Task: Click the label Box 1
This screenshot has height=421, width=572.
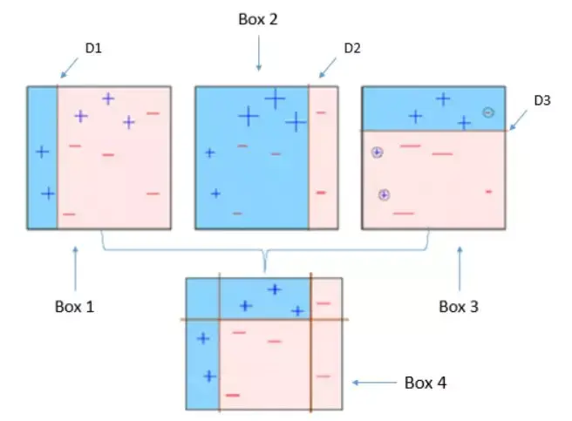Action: click(x=76, y=306)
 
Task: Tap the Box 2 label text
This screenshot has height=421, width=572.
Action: click(x=258, y=19)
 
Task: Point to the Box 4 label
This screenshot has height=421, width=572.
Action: click(x=427, y=383)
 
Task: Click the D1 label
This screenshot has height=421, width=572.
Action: click(x=92, y=49)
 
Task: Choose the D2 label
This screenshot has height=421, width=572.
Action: click(x=352, y=48)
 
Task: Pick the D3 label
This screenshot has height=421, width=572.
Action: click(x=542, y=101)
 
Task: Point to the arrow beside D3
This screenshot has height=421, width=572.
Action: click(x=522, y=121)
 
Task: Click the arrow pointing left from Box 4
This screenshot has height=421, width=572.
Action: click(x=372, y=383)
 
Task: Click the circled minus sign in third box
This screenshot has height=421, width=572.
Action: click(x=488, y=112)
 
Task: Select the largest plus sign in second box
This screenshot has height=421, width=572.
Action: click(x=275, y=98)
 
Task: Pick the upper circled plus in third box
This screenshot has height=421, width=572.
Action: click(x=377, y=153)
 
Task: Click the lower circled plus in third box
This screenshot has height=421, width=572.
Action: click(x=384, y=194)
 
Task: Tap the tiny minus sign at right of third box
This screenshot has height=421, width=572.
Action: click(x=488, y=191)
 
